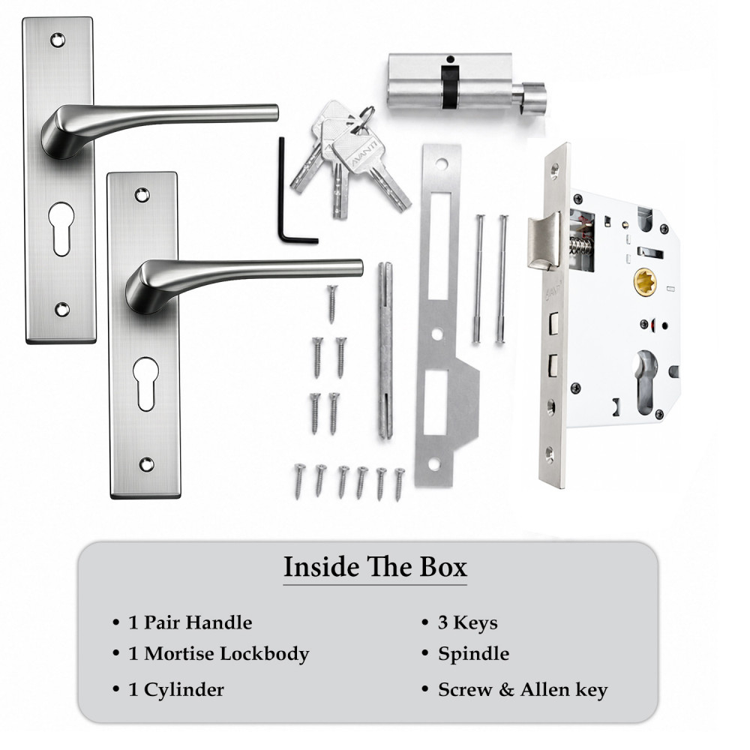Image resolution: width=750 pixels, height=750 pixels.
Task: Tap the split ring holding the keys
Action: click(x=367, y=114)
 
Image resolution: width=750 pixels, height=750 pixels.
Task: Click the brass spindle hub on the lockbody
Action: click(x=645, y=282)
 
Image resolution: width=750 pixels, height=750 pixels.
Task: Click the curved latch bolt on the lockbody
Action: click(x=544, y=241)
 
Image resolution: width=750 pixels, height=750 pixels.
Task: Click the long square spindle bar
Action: click(x=385, y=349)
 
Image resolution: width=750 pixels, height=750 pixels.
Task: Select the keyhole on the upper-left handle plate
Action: click(x=61, y=229)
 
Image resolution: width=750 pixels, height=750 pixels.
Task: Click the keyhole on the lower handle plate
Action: click(x=145, y=383)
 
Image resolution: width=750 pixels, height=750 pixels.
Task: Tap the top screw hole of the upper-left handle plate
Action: click(x=58, y=40)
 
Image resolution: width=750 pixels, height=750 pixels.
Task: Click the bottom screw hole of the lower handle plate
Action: click(x=146, y=464)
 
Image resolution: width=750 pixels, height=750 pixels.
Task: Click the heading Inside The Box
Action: click(x=375, y=567)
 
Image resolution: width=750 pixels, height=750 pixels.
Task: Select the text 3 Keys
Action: click(x=467, y=622)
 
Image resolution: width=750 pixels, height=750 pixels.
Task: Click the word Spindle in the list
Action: click(x=473, y=654)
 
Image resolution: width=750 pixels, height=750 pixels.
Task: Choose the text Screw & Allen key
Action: click(x=523, y=690)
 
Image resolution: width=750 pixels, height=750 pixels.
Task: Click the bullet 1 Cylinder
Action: click(x=168, y=690)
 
